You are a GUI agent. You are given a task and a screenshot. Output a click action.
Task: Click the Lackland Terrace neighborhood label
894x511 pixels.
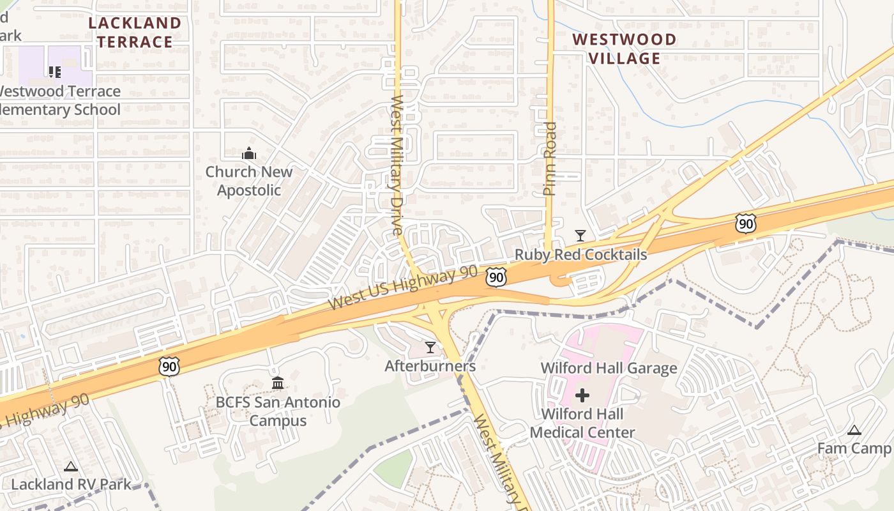point(135,33)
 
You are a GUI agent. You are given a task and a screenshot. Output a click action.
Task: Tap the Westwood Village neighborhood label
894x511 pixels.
point(624,49)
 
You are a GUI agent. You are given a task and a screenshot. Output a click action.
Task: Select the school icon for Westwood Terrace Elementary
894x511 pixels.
point(55,72)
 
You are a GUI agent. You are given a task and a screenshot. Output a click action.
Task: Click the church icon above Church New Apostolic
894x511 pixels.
point(248,153)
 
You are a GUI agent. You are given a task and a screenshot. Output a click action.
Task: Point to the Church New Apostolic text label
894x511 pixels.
point(248,181)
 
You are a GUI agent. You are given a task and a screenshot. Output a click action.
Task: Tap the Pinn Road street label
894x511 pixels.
point(550,158)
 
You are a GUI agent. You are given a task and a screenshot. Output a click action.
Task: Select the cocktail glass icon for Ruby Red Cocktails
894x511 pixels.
point(580,236)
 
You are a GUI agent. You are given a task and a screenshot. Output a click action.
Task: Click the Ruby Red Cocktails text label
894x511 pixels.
point(580,255)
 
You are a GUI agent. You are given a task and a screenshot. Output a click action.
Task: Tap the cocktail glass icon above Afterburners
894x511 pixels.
point(430,347)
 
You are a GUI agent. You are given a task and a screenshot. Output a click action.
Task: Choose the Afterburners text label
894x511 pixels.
point(430,366)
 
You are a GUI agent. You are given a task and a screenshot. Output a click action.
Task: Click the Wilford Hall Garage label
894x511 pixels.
point(609,368)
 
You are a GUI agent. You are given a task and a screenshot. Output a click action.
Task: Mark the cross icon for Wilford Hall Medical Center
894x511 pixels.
point(582,395)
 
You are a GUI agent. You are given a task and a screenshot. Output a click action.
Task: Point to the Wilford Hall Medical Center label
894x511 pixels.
point(582,423)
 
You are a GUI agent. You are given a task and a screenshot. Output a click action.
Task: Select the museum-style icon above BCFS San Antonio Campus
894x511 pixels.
point(278,383)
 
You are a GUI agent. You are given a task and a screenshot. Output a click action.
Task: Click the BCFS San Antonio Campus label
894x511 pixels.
point(278,411)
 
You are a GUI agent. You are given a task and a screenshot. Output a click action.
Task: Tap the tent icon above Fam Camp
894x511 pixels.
point(854,431)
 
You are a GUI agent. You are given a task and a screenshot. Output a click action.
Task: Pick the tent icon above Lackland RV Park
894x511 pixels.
point(71,466)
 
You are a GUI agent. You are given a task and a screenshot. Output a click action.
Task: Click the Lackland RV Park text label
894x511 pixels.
point(71,484)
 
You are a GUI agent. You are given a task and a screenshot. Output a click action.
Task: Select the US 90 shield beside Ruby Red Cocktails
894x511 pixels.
point(496,277)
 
